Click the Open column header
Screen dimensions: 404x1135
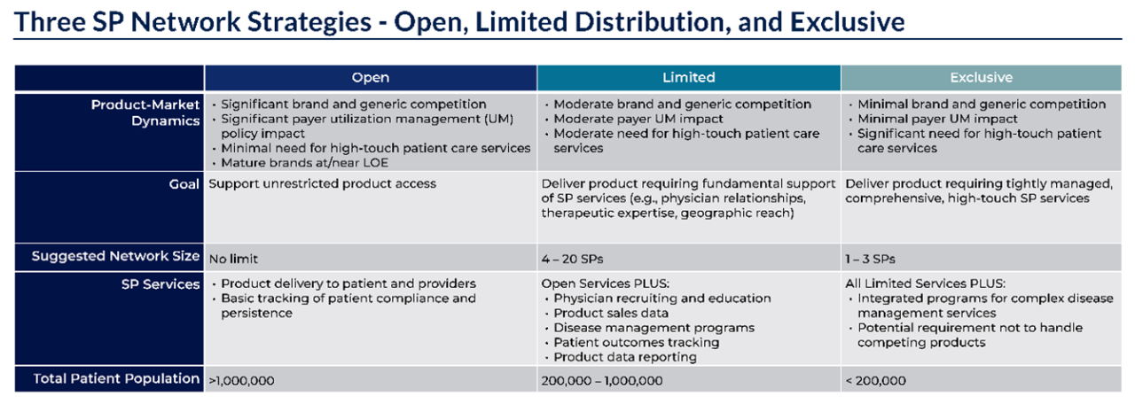click(x=371, y=77)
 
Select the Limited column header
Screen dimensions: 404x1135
click(x=688, y=77)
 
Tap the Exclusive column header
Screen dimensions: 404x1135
click(x=981, y=77)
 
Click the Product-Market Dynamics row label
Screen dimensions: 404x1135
click(x=145, y=113)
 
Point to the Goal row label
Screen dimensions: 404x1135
click(x=184, y=183)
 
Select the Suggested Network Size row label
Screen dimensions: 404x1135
click(x=115, y=257)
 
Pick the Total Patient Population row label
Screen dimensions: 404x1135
click(x=116, y=378)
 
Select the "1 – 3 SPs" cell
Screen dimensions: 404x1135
click(x=870, y=259)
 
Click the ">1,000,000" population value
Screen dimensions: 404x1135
click(x=241, y=380)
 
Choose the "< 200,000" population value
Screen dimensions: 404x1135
click(x=875, y=380)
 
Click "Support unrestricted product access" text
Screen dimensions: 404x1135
click(x=322, y=183)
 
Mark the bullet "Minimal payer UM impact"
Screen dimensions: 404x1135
click(x=937, y=119)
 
